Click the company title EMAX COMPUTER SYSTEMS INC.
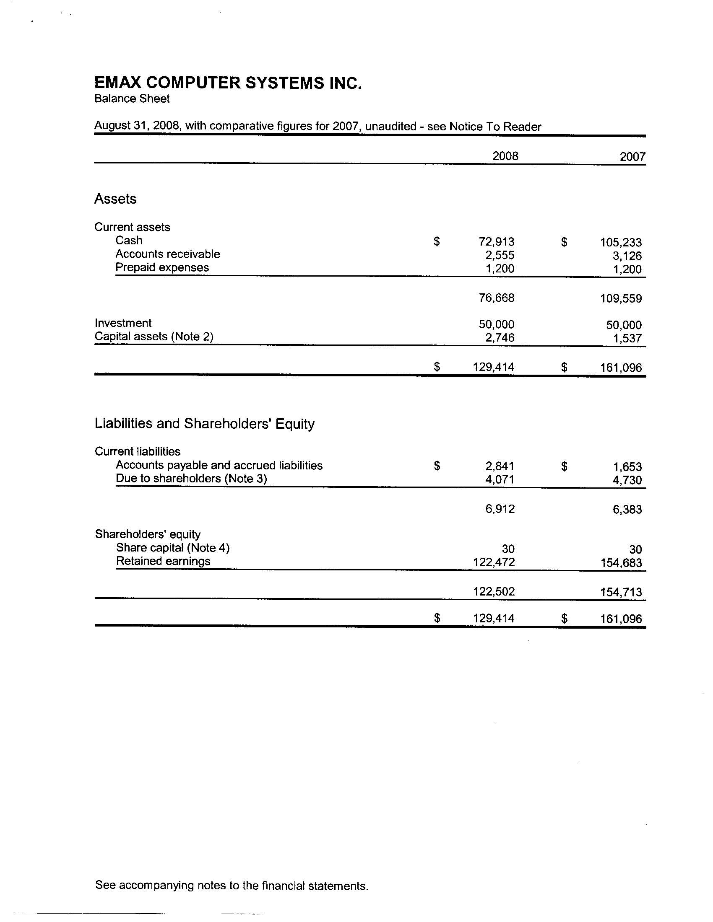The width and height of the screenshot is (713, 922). (228, 83)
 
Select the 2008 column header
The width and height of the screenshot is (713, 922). (505, 156)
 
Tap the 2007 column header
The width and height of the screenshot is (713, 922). (632, 157)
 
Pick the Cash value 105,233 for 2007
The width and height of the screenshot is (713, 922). (620, 243)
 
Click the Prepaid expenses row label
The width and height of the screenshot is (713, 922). (162, 268)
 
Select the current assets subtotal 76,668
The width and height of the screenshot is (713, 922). (496, 298)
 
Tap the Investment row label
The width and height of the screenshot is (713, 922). (123, 324)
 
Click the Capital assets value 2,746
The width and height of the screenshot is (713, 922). (500, 338)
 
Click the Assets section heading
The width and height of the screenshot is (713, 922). (115, 199)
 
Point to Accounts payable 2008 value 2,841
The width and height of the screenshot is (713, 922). (500, 466)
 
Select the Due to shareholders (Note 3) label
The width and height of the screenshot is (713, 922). (191, 479)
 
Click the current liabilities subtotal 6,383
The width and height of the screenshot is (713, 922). (627, 510)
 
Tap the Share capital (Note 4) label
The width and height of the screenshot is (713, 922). (172, 548)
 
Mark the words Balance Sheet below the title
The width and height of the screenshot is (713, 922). (132, 99)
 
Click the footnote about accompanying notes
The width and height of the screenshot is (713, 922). (232, 885)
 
